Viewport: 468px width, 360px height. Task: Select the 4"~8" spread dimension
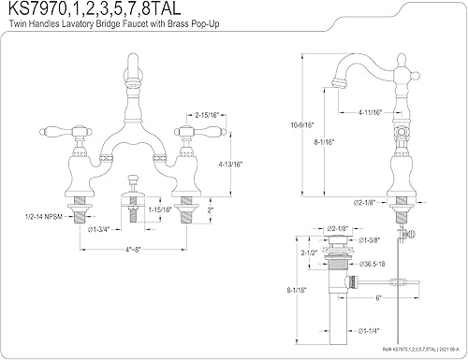[141, 250]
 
